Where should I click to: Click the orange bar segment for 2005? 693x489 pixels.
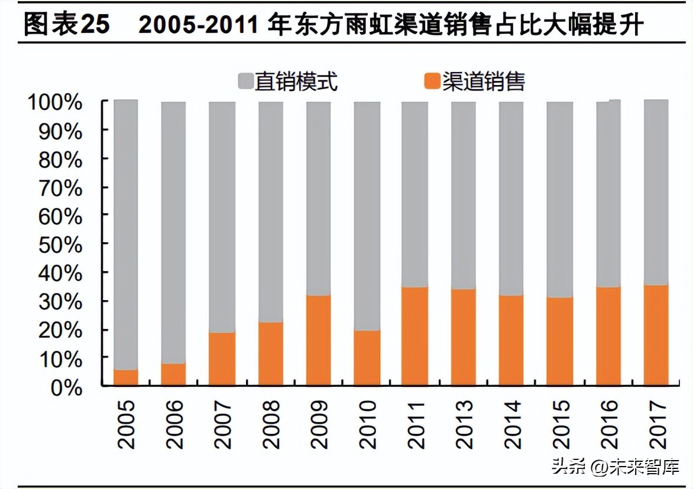click(x=125, y=377)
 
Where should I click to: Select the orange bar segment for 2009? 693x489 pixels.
click(x=318, y=340)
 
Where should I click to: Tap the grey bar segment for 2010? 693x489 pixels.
click(x=366, y=216)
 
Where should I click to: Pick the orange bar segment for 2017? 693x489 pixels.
click(x=656, y=335)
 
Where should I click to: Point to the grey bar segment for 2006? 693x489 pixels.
click(x=173, y=233)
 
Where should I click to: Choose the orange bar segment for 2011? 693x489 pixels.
click(x=414, y=336)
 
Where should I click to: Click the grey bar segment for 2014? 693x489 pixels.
click(x=510, y=198)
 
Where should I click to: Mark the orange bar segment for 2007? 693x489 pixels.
click(x=222, y=359)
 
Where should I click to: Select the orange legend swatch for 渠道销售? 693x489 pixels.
click(x=433, y=81)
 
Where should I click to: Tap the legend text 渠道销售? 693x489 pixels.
click(x=483, y=81)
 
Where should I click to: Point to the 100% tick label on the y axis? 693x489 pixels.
click(x=54, y=102)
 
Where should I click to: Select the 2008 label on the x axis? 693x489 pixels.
click(x=270, y=424)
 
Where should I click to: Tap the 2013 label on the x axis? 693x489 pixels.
click(x=463, y=424)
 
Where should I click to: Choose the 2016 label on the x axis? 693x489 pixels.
click(x=608, y=424)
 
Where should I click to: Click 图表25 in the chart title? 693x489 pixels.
click(x=67, y=25)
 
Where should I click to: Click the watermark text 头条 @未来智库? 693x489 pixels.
click(x=615, y=467)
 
